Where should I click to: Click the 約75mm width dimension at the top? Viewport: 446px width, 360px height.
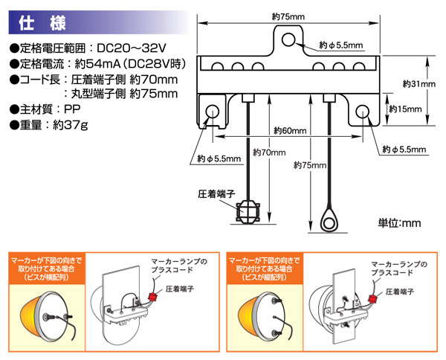click(291, 16)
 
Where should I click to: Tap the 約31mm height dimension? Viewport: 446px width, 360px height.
click(417, 84)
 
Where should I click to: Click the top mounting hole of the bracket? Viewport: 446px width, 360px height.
click(291, 38)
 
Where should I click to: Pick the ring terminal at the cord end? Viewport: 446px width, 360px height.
click(328, 220)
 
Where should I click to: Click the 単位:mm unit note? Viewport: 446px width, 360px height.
click(400, 222)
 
